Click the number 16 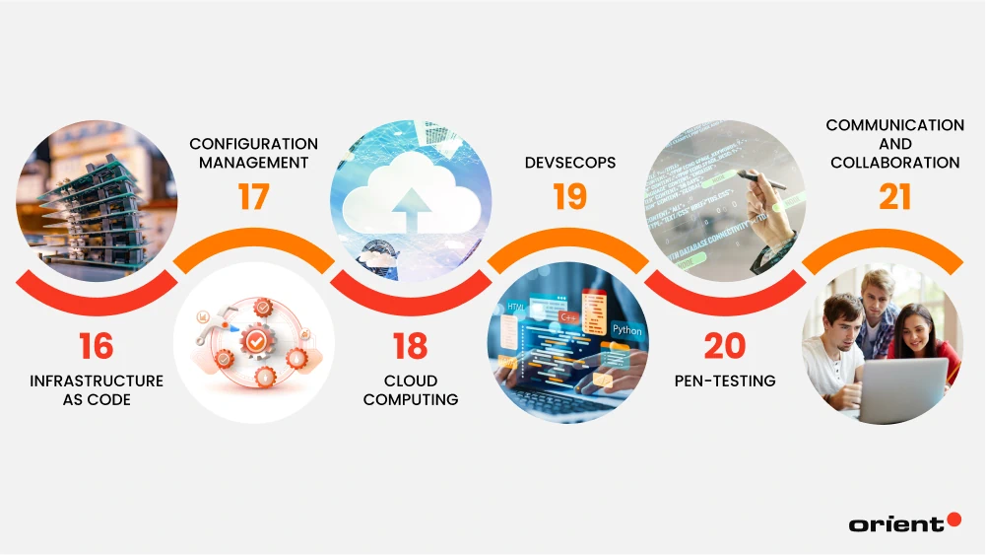point(97,346)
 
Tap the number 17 point(253,197)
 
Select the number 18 point(411,346)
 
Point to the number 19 point(569,197)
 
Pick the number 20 point(725,346)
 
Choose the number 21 point(894,197)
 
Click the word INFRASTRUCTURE point(97,382)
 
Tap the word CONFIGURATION point(253,144)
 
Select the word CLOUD point(411,382)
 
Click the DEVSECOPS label point(570,163)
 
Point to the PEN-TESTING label point(725,382)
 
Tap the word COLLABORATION point(894,163)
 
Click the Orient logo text point(896,524)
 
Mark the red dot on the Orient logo point(953,520)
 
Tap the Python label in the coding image point(626,329)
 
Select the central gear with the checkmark point(256,341)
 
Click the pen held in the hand point(761,180)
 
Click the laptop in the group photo point(902,390)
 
